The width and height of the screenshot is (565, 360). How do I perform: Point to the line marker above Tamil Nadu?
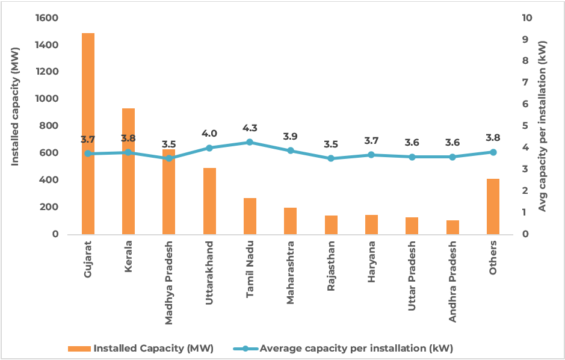tap(250, 142)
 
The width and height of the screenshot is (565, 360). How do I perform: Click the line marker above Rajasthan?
tap(331, 158)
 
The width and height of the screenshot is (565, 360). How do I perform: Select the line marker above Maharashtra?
tap(290, 151)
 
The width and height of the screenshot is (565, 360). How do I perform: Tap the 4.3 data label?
tap(250, 128)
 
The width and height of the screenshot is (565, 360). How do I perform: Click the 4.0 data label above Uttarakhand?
tap(209, 134)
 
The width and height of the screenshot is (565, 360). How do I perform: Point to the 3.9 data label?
tap(290, 137)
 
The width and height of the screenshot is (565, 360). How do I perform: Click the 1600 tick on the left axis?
tap(46, 18)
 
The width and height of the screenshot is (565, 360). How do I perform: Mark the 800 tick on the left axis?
tap(49, 126)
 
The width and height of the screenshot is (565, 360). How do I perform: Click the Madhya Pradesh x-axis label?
tap(169, 283)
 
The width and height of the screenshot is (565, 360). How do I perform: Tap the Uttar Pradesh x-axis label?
tap(412, 276)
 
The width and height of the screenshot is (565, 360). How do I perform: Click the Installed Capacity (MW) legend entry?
tap(141, 348)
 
